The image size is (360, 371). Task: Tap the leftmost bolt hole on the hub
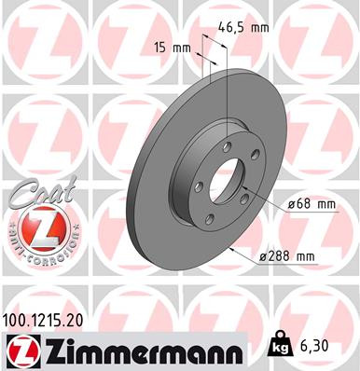(197, 177)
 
